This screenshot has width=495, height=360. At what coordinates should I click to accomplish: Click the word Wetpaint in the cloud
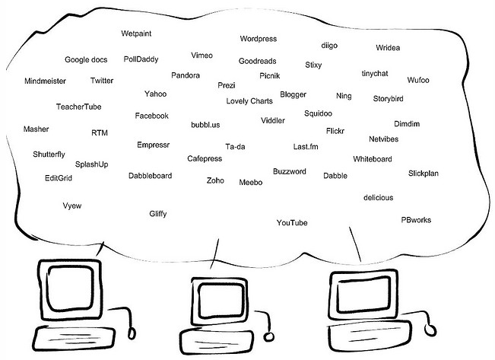point(136,33)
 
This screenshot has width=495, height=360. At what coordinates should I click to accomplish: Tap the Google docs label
point(86,59)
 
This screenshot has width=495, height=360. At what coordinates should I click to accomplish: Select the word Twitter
point(102,81)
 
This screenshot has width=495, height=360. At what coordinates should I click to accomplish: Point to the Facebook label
point(151,116)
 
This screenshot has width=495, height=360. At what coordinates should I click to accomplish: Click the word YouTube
point(292,223)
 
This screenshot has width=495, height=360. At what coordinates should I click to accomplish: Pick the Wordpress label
point(259,39)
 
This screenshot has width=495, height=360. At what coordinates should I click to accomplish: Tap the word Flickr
point(335,131)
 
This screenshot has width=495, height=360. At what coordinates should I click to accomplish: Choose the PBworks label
point(416,220)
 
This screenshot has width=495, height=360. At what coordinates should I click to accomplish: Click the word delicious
point(378,198)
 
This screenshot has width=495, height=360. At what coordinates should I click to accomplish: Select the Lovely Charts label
point(249,101)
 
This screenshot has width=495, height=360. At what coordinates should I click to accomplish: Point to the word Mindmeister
point(45,81)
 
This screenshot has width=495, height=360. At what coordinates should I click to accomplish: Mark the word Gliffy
point(158,214)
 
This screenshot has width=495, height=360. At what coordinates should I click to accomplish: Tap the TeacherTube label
point(78,107)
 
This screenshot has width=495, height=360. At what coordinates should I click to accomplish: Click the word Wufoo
point(418,80)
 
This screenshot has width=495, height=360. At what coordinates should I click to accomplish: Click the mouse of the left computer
point(132,333)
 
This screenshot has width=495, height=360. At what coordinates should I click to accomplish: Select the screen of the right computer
point(363,295)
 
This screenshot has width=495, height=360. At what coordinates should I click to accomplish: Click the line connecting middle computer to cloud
point(214,253)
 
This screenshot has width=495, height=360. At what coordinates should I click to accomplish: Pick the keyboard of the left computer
point(75,339)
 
